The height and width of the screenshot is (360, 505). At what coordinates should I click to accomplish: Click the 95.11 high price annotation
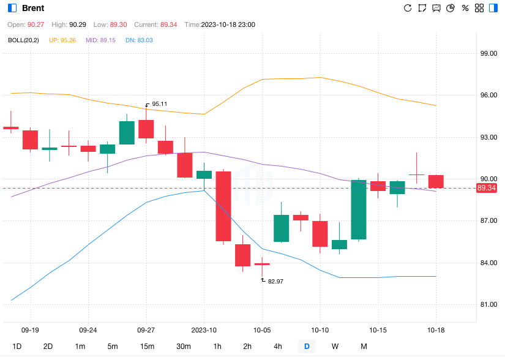[159, 104]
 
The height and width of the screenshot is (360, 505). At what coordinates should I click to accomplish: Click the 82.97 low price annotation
[275, 281]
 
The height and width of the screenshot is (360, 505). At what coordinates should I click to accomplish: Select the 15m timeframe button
[147, 347]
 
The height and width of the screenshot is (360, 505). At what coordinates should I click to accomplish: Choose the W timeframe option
[335, 347]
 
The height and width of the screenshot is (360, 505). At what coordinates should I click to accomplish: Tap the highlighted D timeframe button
[307, 347]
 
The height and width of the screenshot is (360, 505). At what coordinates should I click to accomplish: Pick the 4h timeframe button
[278, 347]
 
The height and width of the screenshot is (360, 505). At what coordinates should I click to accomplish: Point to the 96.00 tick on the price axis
[488, 96]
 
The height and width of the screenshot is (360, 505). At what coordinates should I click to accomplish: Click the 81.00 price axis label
[488, 304]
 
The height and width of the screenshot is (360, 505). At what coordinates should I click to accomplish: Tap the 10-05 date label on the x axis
[262, 329]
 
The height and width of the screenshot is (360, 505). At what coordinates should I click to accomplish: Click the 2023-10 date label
[204, 329]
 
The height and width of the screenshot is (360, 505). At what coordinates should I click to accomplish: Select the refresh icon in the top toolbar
[408, 8]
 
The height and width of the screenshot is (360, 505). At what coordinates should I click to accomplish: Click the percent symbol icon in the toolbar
[465, 8]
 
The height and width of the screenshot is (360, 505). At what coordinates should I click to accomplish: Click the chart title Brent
[32, 9]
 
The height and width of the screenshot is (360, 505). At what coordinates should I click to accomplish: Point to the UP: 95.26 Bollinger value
[63, 40]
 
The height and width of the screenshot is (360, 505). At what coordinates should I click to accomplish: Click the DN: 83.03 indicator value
[139, 40]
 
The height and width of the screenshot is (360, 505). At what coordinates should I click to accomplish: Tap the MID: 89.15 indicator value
[100, 40]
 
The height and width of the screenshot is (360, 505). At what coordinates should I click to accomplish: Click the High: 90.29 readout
[69, 24]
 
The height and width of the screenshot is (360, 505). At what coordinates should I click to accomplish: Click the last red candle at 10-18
[436, 181]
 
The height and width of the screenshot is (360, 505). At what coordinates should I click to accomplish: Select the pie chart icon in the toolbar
[451, 8]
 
